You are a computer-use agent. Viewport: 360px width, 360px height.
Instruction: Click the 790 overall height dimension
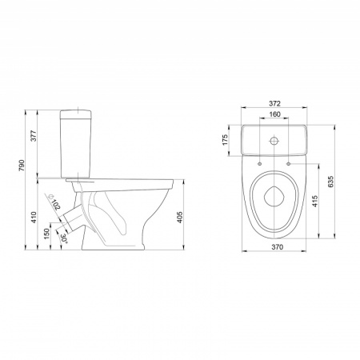(x=22, y=166)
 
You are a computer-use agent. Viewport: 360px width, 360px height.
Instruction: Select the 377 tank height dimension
(x=33, y=136)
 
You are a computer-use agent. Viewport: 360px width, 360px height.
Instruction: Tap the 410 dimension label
(x=34, y=218)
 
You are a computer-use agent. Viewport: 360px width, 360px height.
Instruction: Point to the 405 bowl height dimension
(x=180, y=218)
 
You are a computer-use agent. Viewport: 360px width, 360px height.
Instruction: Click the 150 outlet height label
(x=47, y=234)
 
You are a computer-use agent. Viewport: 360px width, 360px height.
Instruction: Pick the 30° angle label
(x=64, y=238)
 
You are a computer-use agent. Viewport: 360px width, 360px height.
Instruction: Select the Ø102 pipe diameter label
(x=54, y=202)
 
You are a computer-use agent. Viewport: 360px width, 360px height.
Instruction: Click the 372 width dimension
(x=274, y=103)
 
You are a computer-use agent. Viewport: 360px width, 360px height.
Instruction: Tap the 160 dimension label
(x=274, y=114)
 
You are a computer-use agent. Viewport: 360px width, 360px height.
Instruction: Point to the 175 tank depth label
(x=226, y=140)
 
